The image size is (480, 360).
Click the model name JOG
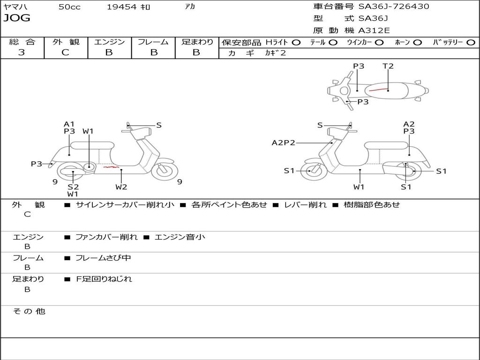click(x=17, y=18)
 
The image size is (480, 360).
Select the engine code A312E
click(x=374, y=31)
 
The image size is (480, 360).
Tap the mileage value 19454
click(x=121, y=7)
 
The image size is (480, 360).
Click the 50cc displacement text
click(x=69, y=7)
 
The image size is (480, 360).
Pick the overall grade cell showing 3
click(x=22, y=52)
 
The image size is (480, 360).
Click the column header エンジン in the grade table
click(x=109, y=42)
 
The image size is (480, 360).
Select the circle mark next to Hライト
click(x=296, y=43)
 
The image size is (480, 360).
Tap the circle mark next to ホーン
click(x=417, y=43)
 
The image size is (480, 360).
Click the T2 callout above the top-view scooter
click(x=388, y=66)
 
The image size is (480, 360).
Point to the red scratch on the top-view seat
click(x=378, y=89)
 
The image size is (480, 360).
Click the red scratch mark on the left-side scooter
click(x=111, y=166)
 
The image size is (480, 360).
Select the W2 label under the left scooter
click(x=121, y=187)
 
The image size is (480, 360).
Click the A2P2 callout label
click(x=284, y=142)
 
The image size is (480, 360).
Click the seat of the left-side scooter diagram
click(x=92, y=145)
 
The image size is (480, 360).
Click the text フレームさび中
click(x=103, y=258)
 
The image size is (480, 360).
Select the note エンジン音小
click(x=180, y=237)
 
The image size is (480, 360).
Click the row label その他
click(x=29, y=311)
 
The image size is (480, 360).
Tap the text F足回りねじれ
click(x=104, y=279)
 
